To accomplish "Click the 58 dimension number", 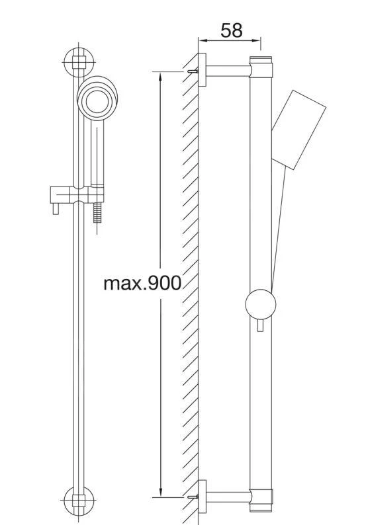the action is coord(231,30).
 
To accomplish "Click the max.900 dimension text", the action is coord(142,283).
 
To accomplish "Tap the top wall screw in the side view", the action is coord(193,71).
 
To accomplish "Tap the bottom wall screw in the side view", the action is coord(193,497).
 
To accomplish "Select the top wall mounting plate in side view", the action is coord(202,69).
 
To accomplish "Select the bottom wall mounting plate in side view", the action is coord(202,497).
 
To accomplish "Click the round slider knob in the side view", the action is coord(260,304).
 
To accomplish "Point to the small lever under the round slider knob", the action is coord(260,325).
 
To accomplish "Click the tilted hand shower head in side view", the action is coord(298,130).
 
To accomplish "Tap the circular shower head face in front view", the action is coord(97,101).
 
